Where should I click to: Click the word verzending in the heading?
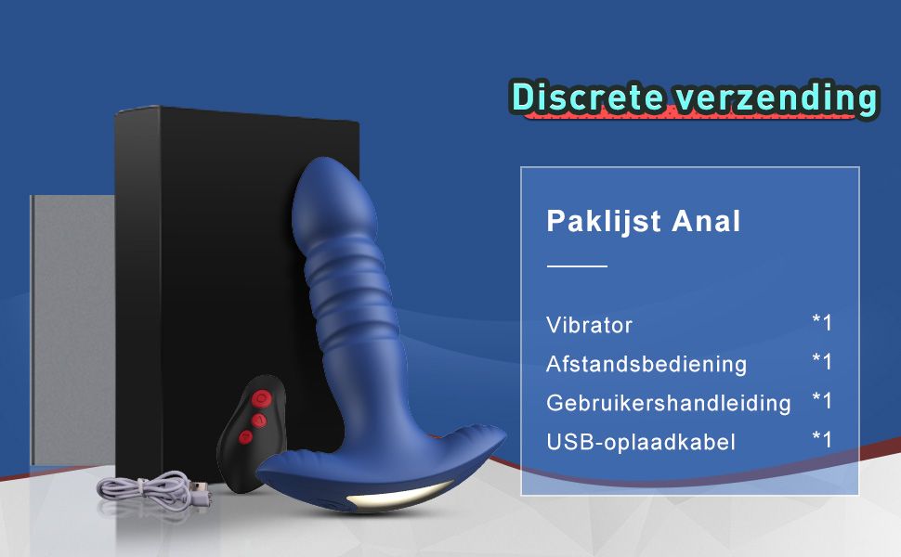tap(777, 97)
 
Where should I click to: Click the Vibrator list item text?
tap(589, 326)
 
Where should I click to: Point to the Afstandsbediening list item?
tap(646, 364)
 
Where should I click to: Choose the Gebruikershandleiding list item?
tap(668, 403)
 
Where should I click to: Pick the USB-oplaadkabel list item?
tap(641, 442)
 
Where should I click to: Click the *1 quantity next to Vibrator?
tap(822, 323)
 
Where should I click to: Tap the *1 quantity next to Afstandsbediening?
tap(822, 361)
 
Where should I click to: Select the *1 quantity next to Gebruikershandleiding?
tap(822, 400)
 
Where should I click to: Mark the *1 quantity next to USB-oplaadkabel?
tap(822, 439)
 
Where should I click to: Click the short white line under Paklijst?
tap(576, 266)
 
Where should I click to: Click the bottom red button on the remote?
tap(246, 436)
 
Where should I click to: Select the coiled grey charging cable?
tap(149, 486)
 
